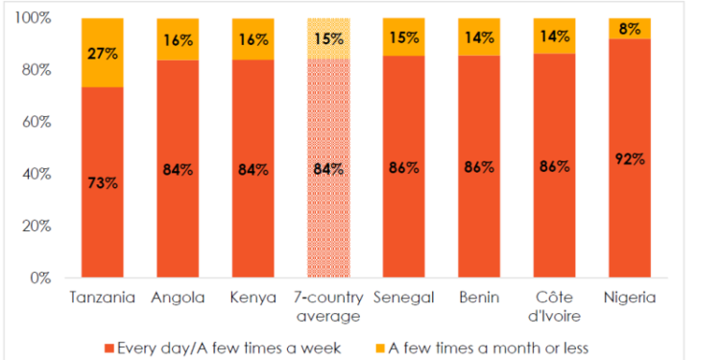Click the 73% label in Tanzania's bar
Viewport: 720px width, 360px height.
point(103,182)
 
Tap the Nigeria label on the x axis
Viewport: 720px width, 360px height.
point(630,297)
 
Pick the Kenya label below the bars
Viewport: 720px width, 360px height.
point(253,297)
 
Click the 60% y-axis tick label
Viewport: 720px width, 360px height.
point(40,123)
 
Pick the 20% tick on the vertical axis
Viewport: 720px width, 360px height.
point(40,227)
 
